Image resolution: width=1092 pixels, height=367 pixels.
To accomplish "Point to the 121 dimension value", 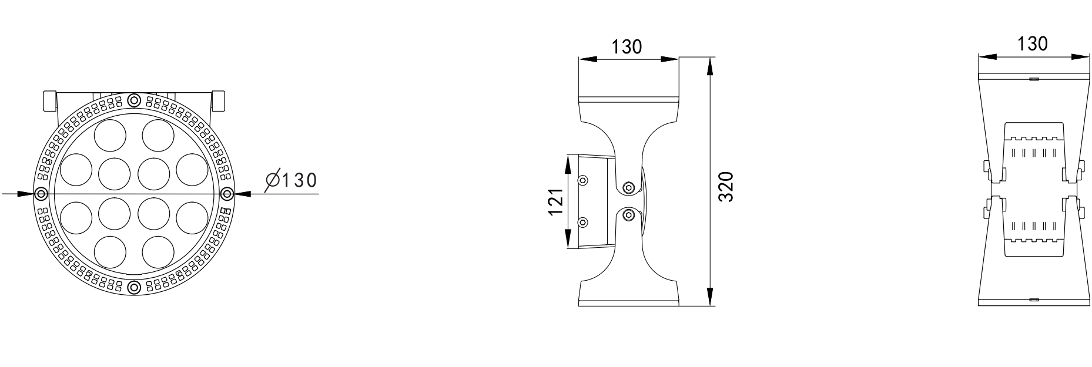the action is tap(556, 202).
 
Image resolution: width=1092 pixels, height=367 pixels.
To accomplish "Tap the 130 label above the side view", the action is tap(627, 46).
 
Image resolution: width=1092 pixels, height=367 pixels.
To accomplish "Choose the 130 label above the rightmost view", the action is tap(1032, 43).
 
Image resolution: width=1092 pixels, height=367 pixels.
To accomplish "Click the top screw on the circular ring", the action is tap(135, 99).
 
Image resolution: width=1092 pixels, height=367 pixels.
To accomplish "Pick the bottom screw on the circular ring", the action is tap(135, 287).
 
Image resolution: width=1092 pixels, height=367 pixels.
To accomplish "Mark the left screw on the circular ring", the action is tap(41, 193).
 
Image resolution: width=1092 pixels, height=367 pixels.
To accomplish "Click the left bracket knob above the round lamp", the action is tap(49, 101).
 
